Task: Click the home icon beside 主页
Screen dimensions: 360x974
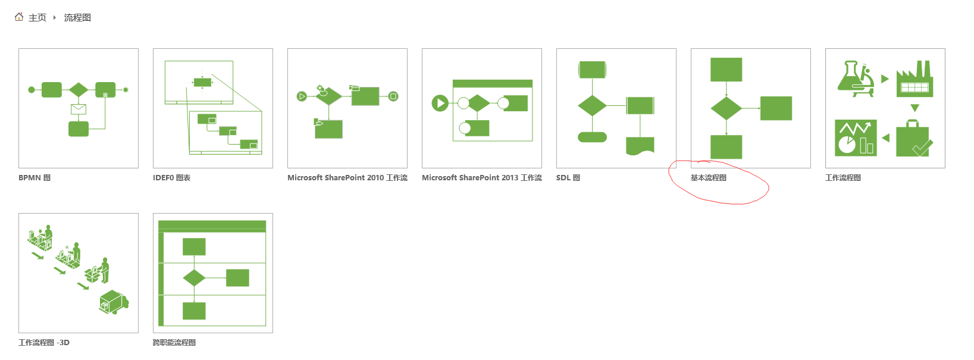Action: (19, 17)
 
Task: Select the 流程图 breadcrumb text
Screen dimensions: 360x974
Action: (77, 18)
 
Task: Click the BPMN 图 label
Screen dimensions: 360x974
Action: (35, 178)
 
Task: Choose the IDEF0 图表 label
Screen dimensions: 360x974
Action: (171, 178)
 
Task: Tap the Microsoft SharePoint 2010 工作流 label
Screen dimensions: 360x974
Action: (347, 178)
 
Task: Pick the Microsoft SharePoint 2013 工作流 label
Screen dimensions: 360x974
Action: (482, 178)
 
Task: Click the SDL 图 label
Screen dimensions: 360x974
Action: (568, 178)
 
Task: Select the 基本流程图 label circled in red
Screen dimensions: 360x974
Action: (709, 178)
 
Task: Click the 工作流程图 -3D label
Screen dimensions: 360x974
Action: (44, 343)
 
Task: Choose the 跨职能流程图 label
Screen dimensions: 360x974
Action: (174, 343)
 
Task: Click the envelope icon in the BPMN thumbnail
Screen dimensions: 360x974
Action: (79, 109)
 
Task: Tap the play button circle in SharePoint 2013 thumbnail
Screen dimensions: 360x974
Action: (440, 104)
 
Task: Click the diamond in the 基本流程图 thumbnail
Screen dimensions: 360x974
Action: (726, 108)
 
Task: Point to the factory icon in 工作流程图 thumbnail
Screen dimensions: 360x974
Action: (915, 79)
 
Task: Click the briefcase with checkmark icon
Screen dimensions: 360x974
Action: (914, 139)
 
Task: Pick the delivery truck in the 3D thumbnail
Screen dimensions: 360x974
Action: (113, 302)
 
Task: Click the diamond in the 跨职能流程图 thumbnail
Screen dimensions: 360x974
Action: (194, 278)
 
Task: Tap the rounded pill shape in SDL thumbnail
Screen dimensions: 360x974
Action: (592, 137)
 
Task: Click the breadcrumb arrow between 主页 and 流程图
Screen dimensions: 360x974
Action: (55, 18)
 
